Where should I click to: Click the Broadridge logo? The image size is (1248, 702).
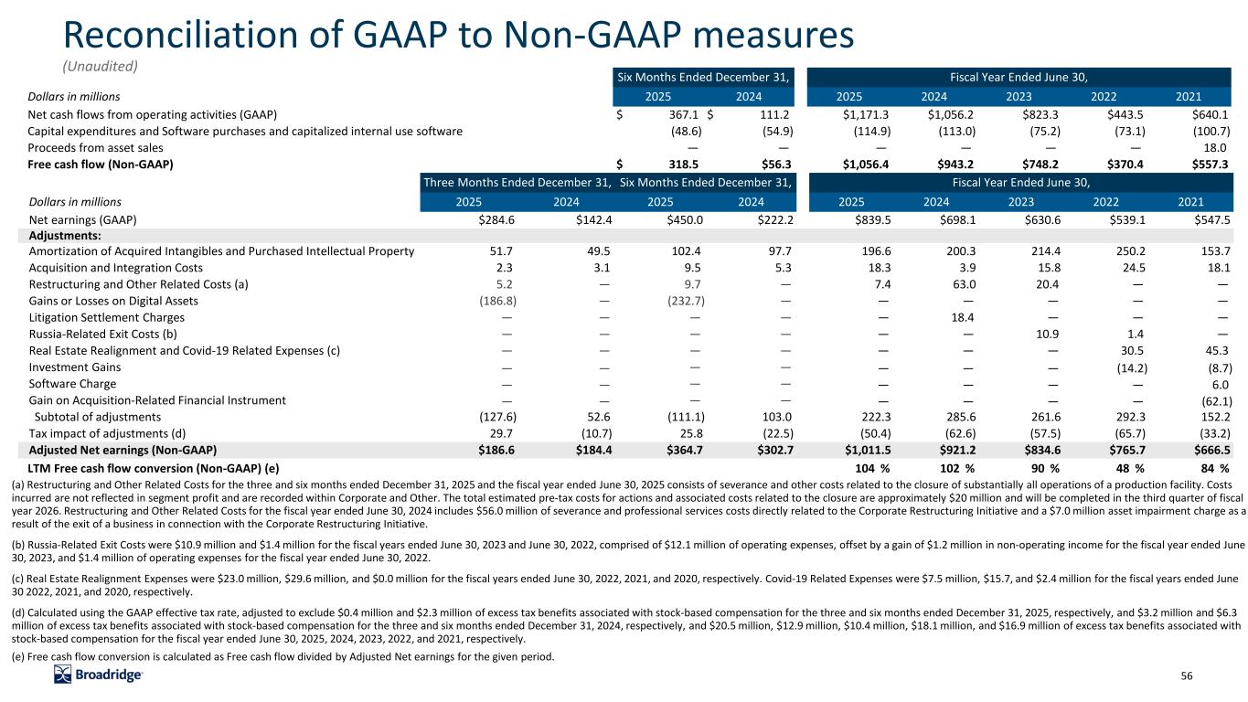(99, 675)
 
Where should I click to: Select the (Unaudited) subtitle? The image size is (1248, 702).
(98, 66)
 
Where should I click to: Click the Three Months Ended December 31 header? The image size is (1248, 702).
(517, 182)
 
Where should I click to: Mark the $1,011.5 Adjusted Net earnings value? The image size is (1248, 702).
(866, 450)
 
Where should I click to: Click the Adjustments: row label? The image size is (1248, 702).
(61, 235)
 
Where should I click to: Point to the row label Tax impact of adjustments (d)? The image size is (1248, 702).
(108, 433)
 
